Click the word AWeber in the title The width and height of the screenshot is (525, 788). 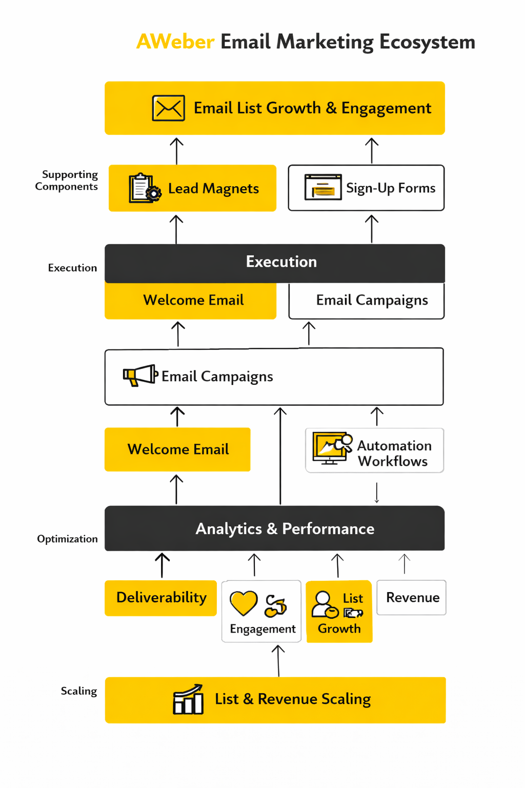click(175, 42)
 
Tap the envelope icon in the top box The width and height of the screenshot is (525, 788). click(169, 108)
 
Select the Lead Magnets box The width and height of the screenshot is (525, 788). click(192, 188)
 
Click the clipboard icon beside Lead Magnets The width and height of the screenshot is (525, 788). click(144, 188)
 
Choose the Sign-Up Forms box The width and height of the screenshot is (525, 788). click(366, 188)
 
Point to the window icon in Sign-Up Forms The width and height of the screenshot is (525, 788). click(323, 187)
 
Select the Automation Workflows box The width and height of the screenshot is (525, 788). click(375, 450)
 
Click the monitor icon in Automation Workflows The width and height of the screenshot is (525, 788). click(331, 448)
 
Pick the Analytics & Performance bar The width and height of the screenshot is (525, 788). click(275, 528)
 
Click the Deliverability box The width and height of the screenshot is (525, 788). click(161, 598)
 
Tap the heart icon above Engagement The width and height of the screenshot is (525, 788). click(244, 603)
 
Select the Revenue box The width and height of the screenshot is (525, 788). click(412, 598)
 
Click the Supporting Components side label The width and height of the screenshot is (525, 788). click(67, 181)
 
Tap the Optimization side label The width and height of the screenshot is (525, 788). click(67, 539)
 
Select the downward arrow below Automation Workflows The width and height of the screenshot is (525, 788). click(377, 493)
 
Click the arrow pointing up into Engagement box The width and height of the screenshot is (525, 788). click(278, 661)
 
